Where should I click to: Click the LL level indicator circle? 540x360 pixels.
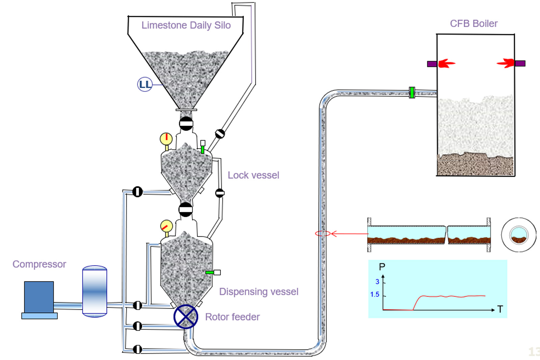pos(145,84)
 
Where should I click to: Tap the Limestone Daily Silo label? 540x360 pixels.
pos(186,25)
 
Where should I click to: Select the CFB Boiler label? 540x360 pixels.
pos(474,24)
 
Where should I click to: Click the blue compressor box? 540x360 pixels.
pos(39,297)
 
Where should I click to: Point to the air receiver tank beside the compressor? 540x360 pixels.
pos(95,291)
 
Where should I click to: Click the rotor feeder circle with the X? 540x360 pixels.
pos(186,317)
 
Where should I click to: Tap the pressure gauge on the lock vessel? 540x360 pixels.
pos(166,138)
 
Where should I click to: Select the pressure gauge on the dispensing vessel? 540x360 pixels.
pos(166,226)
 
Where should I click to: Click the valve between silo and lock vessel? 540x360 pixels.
pos(186,124)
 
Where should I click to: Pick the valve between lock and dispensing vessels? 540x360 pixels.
pos(186,209)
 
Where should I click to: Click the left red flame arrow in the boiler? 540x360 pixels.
pos(446,63)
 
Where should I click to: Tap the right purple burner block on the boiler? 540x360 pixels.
pos(520,63)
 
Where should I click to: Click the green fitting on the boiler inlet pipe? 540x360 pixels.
pos(412,93)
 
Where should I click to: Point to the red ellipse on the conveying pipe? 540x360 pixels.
pos(323,233)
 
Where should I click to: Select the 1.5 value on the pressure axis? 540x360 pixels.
pos(375,294)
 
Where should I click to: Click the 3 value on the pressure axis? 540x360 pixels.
pos(377,282)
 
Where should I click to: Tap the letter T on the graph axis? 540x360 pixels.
pos(500,309)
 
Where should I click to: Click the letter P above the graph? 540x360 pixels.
pos(382,267)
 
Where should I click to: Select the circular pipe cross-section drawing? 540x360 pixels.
pos(518,235)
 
